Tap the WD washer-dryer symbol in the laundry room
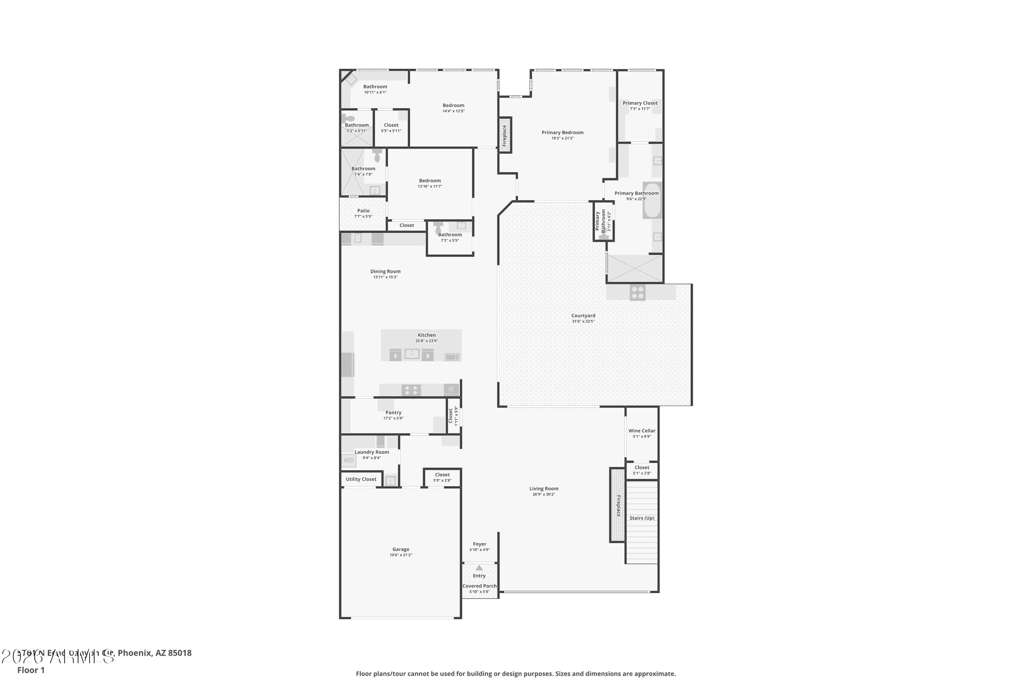pos(348,460)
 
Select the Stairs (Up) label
pos(642,518)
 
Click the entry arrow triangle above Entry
pos(479,568)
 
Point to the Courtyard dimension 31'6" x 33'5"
pos(583,321)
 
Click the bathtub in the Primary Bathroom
pos(652,201)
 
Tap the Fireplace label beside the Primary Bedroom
pos(505,135)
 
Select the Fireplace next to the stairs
pos(617,505)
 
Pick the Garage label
pos(401,549)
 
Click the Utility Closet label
pos(361,479)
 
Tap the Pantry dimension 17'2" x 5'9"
pos(393,418)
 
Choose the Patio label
pos(363,211)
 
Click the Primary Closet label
pos(640,103)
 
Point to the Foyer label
pos(479,544)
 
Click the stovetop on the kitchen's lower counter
pos(411,390)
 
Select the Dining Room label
pos(385,271)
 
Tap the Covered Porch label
pos(479,586)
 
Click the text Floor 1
pos(31,670)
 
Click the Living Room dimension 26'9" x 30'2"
pos(544,494)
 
